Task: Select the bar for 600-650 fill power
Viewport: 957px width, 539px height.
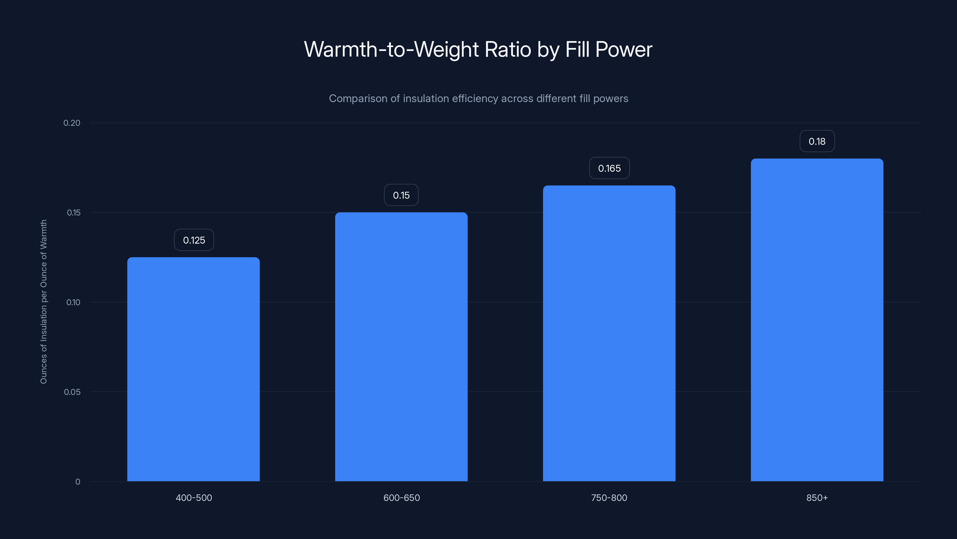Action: pos(401,347)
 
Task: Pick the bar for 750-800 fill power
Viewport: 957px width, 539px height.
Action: pos(609,333)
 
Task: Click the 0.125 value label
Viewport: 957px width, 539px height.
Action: pos(194,240)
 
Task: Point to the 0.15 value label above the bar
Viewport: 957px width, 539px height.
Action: pos(401,195)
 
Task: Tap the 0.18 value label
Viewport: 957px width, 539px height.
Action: pos(817,141)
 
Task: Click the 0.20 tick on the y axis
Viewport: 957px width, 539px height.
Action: pos(72,123)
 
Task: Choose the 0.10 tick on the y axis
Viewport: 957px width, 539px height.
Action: pos(73,302)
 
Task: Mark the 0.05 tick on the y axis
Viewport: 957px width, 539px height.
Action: pos(72,392)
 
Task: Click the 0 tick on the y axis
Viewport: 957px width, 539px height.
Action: pos(78,482)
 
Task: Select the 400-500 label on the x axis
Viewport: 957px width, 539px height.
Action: pos(194,498)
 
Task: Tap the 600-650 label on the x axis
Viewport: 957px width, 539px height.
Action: pos(402,498)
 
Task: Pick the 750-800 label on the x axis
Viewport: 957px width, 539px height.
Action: pos(609,498)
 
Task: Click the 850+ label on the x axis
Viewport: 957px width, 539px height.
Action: pos(817,498)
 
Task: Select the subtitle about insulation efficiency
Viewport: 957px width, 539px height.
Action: pos(478,99)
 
